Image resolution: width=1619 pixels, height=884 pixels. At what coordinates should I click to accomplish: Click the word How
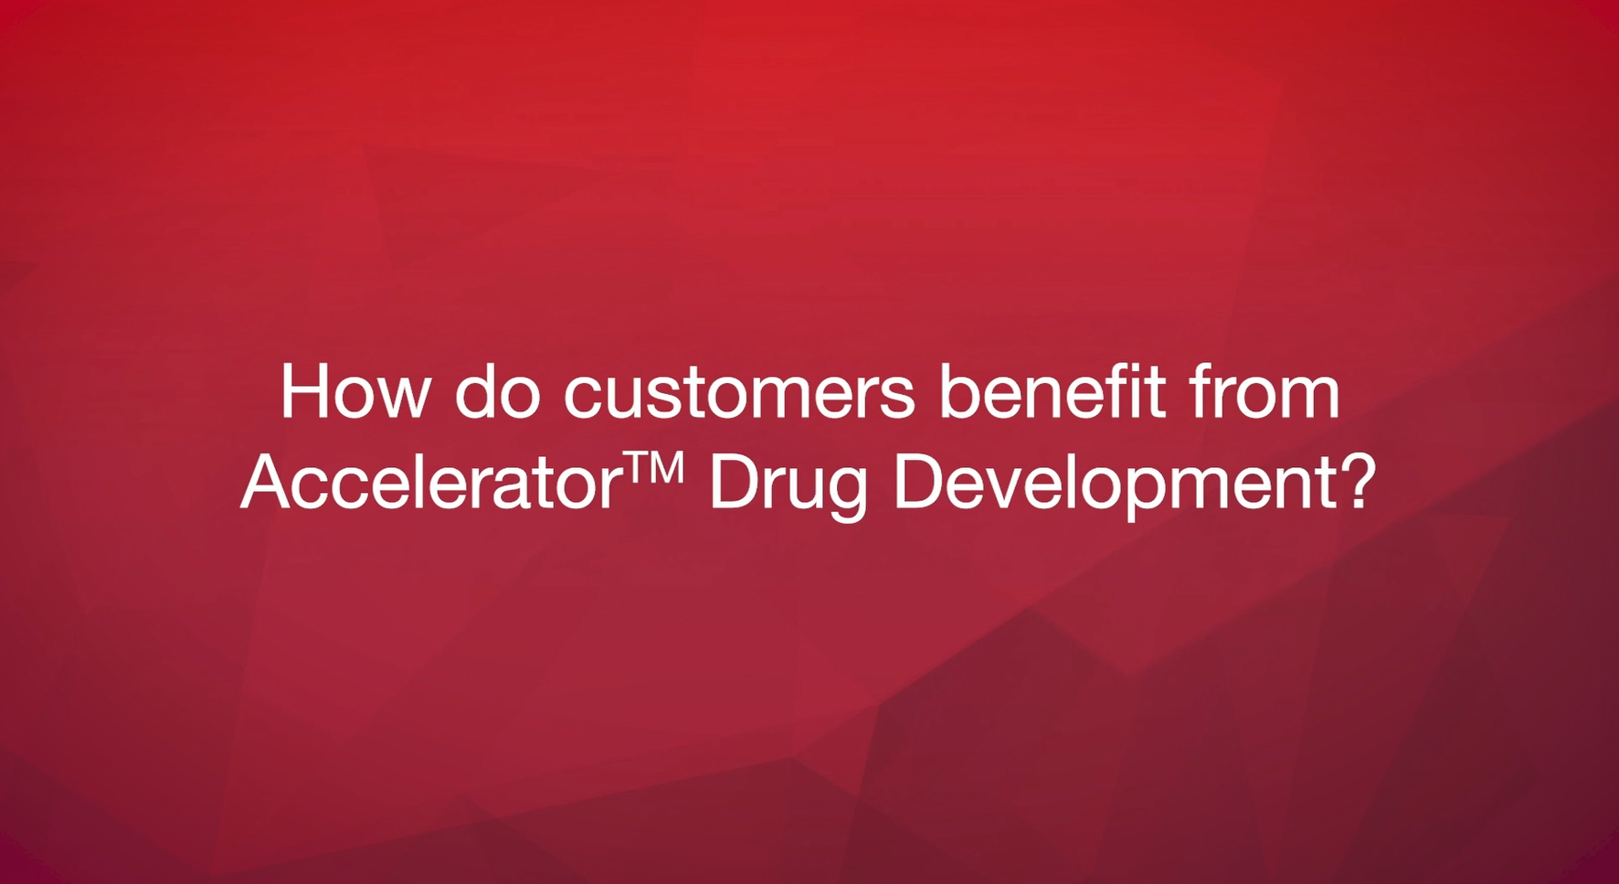354,391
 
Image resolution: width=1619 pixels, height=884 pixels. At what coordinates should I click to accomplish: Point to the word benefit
1052,391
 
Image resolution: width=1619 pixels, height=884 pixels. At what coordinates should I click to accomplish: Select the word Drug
788,487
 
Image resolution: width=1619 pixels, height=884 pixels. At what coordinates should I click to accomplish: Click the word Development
1115,487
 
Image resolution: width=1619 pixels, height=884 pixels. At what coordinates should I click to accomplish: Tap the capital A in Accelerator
269,482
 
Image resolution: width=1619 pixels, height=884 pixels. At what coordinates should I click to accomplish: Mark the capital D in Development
917,482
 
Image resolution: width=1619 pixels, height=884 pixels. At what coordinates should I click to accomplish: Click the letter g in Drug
846,496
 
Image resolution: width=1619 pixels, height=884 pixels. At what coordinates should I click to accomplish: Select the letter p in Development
1159,496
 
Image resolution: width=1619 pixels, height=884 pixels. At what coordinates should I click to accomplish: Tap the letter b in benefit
959,391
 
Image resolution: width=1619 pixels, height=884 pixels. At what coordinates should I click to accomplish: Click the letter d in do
473,391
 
